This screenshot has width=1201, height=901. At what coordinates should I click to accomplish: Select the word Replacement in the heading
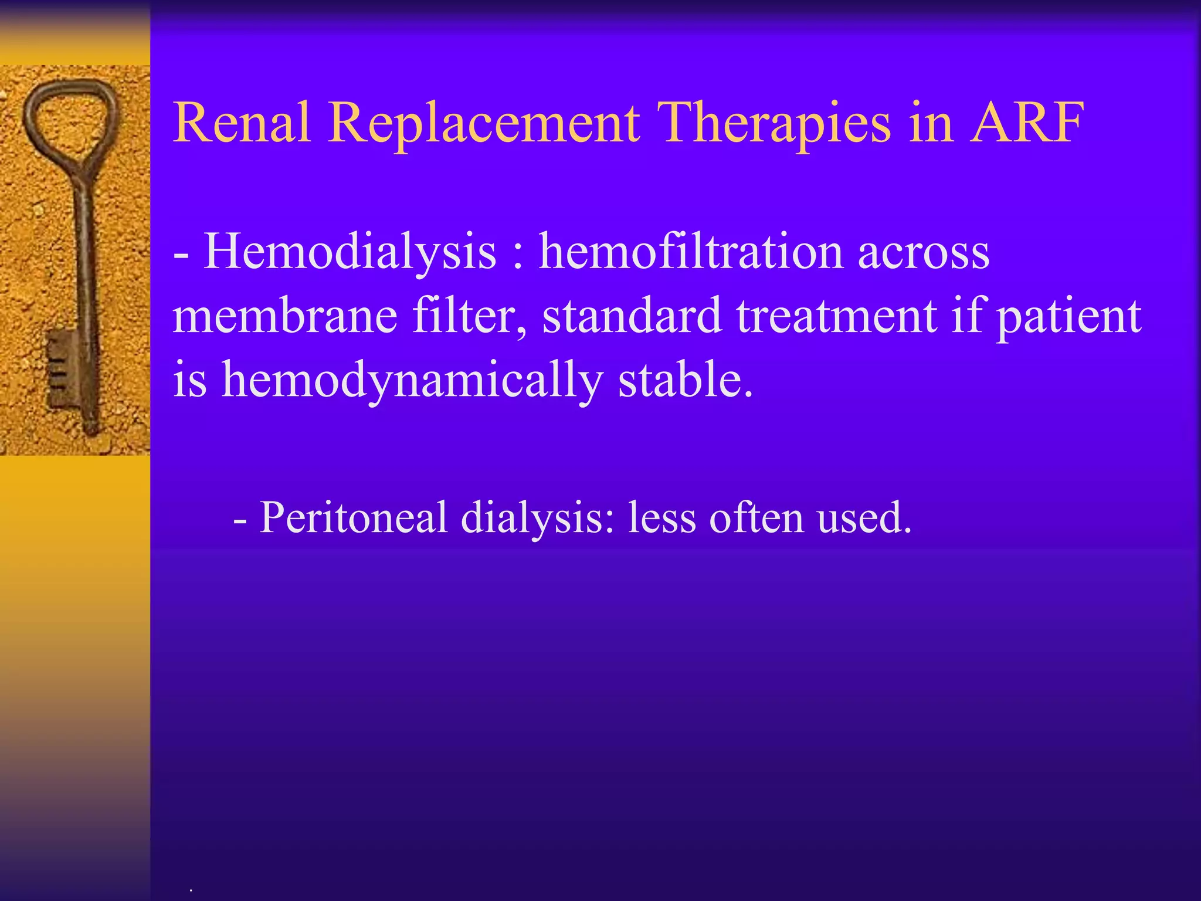(x=484, y=124)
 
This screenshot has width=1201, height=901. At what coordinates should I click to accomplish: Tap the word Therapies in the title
(x=774, y=124)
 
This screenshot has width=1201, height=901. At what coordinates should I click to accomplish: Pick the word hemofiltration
(x=691, y=251)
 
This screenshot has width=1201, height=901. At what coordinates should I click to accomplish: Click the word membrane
(x=285, y=316)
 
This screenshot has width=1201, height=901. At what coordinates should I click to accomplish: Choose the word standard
(x=631, y=316)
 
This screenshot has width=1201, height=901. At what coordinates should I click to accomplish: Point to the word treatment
(x=836, y=316)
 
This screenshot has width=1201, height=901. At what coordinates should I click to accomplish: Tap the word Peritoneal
(x=353, y=517)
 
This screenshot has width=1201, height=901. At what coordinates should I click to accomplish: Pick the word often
(x=756, y=517)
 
